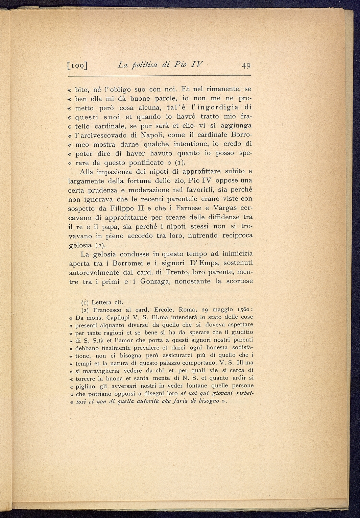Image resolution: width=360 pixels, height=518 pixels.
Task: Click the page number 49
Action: pos(244,66)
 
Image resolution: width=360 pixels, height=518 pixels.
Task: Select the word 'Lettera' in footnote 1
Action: pos(103,302)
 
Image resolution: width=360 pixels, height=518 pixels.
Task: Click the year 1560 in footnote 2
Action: pos(243,310)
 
